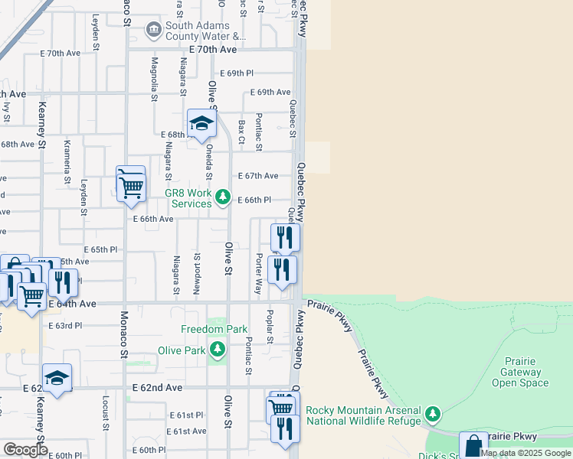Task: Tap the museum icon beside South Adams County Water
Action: pyautogui.click(x=154, y=29)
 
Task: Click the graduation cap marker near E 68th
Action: pyautogui.click(x=201, y=125)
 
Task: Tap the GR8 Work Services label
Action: pyautogui.click(x=188, y=199)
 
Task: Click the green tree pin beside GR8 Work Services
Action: pyautogui.click(x=222, y=198)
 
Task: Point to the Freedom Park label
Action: pyautogui.click(x=214, y=329)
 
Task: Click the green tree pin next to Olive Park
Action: pyautogui.click(x=218, y=350)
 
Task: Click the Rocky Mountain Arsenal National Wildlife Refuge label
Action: pyautogui.click(x=363, y=415)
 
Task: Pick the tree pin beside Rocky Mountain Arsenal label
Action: pyautogui.click(x=433, y=415)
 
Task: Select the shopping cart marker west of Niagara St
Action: pyautogui.click(x=132, y=186)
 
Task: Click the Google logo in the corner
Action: pyautogui.click(x=25, y=450)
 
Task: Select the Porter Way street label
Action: pyautogui.click(x=259, y=275)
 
